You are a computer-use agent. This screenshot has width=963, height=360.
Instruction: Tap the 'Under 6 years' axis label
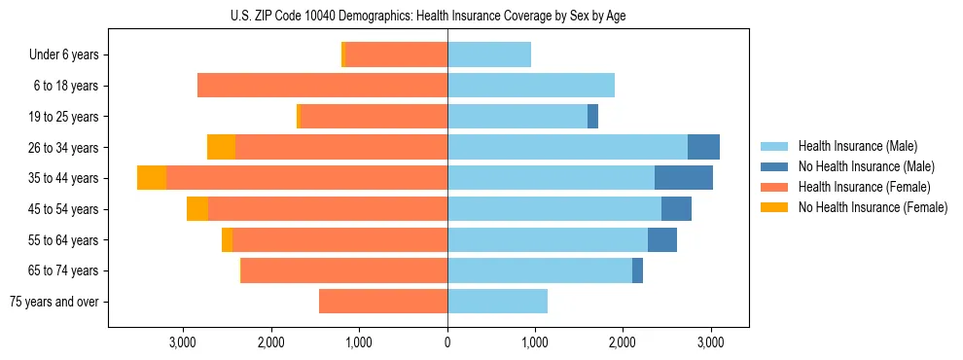coord(70,54)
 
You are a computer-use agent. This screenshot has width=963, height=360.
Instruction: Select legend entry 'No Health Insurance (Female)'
coord(873,207)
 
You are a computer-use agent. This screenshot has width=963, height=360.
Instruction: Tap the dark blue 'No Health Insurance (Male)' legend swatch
coord(774,166)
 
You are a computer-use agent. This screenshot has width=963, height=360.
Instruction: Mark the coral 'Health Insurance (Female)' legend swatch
coord(774,187)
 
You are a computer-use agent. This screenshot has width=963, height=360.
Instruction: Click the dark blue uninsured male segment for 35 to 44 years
coord(684,178)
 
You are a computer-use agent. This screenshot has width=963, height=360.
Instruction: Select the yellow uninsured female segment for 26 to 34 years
coord(221,147)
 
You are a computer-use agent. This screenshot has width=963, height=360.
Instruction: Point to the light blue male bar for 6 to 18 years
coord(531,86)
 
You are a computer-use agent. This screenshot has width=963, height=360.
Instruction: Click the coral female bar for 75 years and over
coord(383,302)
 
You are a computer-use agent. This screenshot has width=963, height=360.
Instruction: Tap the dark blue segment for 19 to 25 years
coord(592,117)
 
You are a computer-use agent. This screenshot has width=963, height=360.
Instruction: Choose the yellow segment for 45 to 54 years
coord(197,209)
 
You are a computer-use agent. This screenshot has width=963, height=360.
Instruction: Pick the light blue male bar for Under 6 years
coord(489,54)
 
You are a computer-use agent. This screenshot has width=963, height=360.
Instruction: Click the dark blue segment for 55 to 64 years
coord(662,239)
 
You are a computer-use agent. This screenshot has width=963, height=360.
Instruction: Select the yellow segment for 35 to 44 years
coord(152,178)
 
